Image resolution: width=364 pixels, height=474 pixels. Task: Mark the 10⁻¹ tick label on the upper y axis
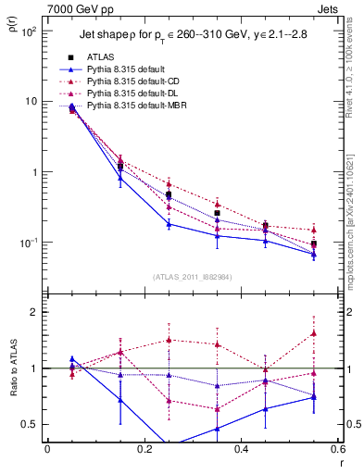27,243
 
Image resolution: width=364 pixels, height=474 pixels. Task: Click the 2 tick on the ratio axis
34,312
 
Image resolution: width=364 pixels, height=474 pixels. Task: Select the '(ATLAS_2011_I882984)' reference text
192,277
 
